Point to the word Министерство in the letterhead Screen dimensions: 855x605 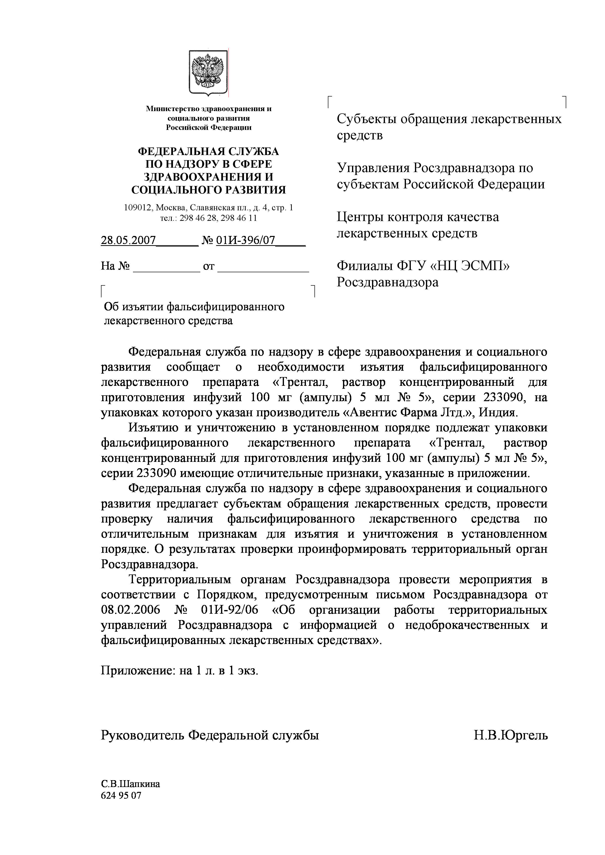click(x=172, y=109)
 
